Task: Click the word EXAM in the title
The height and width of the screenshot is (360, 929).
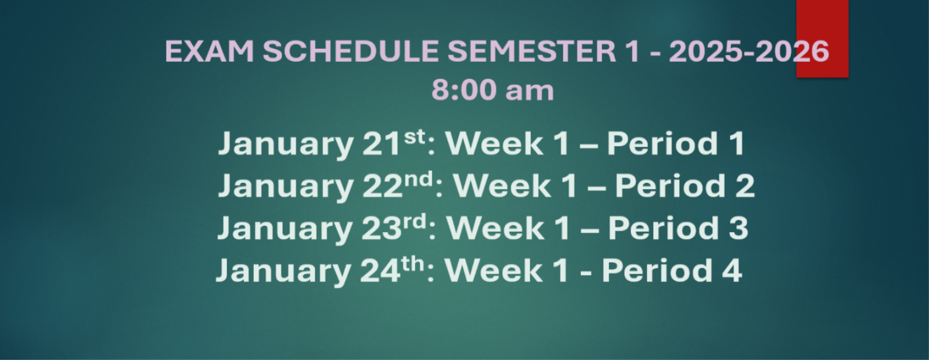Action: [210, 52]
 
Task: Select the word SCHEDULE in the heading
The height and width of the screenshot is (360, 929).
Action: [351, 52]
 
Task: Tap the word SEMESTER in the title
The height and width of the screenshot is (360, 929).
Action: [532, 52]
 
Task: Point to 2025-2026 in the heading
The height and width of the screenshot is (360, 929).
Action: [749, 52]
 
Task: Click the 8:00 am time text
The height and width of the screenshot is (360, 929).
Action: [493, 90]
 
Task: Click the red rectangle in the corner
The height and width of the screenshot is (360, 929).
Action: [822, 38]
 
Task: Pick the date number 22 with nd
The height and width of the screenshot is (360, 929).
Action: [398, 185]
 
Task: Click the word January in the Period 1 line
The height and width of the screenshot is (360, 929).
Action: [286, 145]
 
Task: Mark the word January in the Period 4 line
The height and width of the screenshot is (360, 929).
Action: [284, 272]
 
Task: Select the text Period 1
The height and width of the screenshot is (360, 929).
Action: [676, 143]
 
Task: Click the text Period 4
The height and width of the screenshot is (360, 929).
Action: [672, 271]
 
